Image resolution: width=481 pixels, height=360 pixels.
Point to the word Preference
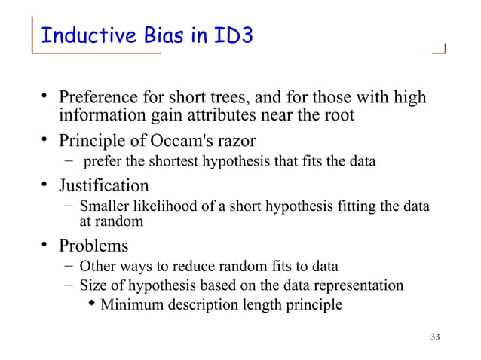[x=97, y=99]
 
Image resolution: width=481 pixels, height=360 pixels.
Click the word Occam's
[x=172, y=141]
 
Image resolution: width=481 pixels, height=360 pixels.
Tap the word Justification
[x=104, y=185]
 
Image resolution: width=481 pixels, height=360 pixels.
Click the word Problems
[x=93, y=246]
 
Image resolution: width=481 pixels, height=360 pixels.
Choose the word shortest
[x=179, y=161]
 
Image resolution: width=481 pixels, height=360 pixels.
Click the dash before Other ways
[x=69, y=265]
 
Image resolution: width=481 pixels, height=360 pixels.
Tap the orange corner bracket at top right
[x=439, y=50]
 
